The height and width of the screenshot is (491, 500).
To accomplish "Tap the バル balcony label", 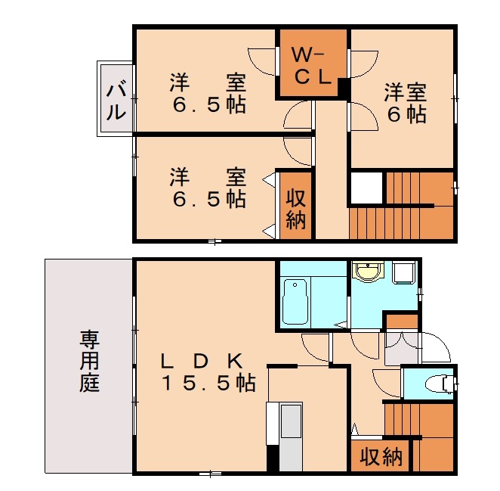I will click(x=116, y=101).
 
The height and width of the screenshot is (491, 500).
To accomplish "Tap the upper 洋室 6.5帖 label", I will click(x=207, y=93).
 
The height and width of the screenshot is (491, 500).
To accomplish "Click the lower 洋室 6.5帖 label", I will click(x=207, y=188).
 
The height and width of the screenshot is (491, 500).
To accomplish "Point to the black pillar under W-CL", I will click(x=343, y=89).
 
